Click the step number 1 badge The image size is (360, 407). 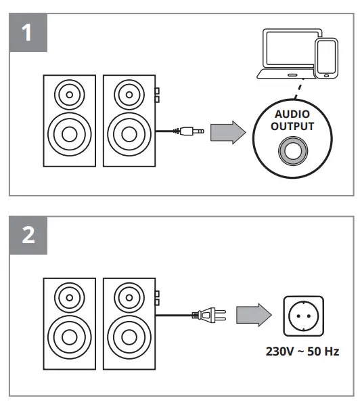(x=27, y=33)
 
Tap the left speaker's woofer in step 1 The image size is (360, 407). (x=67, y=133)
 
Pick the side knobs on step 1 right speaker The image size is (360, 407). (x=156, y=95)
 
